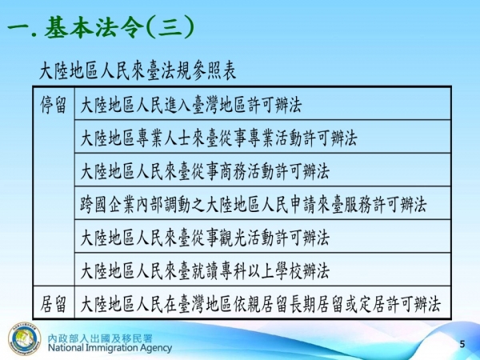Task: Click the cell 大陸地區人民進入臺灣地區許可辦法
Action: point(191,104)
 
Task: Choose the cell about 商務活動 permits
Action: point(205,171)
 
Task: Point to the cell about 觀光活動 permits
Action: point(205,238)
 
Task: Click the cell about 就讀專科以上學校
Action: point(205,271)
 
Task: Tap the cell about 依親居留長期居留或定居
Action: point(261,305)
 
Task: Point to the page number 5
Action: point(462,343)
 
